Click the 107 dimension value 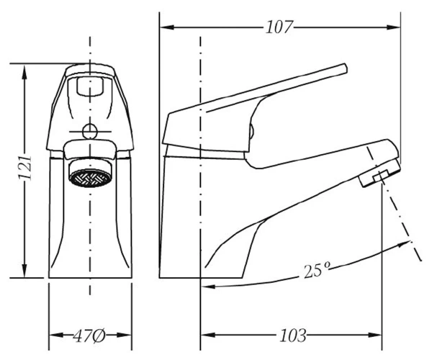(x=278, y=27)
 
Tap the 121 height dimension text (x=24, y=168)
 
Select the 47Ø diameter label (x=89, y=336)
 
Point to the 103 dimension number (x=292, y=336)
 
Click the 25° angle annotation (x=317, y=270)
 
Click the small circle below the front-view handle (x=90, y=131)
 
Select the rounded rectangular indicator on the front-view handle (x=90, y=86)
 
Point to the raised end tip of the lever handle (x=346, y=68)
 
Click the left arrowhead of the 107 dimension (x=167, y=27)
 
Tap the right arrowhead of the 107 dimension (x=393, y=27)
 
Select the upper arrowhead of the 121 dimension (x=24, y=72)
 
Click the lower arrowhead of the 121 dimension (x=24, y=270)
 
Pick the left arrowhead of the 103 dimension (x=208, y=336)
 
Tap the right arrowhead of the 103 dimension (x=374, y=336)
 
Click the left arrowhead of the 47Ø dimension (x=56, y=336)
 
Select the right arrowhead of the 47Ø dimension (x=124, y=336)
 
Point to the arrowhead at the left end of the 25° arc (x=208, y=287)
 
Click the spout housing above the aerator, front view (x=89, y=150)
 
